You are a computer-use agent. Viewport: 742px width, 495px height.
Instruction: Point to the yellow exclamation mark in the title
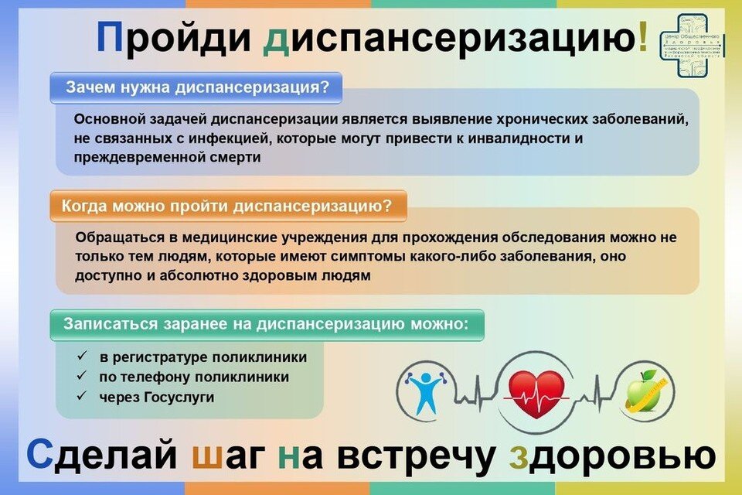coord(643,38)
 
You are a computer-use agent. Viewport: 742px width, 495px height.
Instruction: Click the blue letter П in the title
coord(110,38)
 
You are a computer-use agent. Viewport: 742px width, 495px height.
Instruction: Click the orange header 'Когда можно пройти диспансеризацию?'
coord(226,206)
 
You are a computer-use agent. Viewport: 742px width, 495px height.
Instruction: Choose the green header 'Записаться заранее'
coord(267,324)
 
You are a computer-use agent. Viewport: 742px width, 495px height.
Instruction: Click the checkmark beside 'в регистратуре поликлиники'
coord(82,357)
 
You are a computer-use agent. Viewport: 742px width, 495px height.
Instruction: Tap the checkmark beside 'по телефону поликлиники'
coord(82,377)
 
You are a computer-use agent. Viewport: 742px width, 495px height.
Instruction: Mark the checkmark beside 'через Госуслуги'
coord(82,397)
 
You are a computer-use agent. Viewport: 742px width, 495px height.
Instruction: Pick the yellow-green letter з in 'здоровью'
coord(519,459)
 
